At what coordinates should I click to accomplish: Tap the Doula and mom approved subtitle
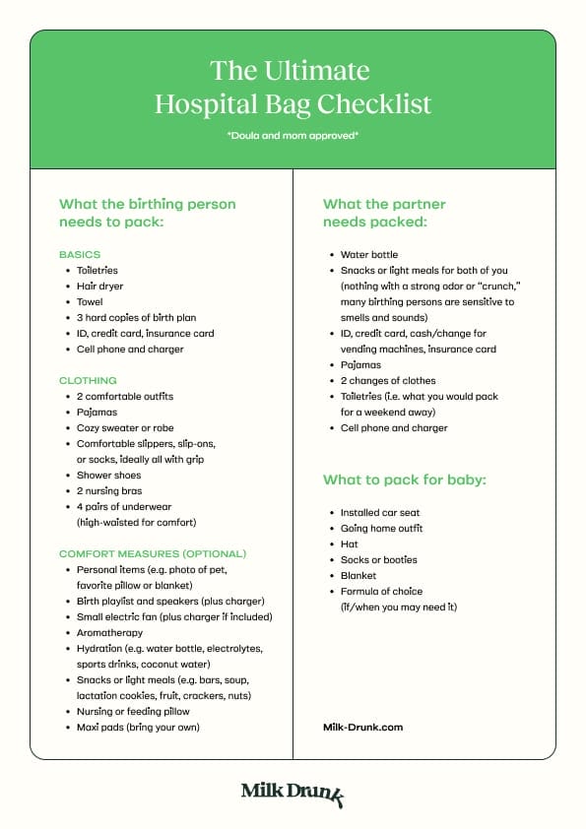pos(293,135)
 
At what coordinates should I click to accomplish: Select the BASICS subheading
pos(80,254)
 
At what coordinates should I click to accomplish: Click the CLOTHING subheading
pos(88,380)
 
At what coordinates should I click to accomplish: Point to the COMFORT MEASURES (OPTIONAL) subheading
pos(153,553)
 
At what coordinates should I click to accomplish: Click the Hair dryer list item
pos(102,286)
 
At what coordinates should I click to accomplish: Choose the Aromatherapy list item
pos(109,632)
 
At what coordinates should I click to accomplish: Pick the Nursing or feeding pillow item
pos(133,711)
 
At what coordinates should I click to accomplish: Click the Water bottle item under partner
pos(369,254)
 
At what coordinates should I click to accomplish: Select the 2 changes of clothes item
pos(388,380)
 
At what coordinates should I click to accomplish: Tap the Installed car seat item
pos(380,512)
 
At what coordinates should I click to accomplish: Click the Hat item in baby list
pos(350,543)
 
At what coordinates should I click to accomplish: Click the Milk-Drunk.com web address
pos(362,727)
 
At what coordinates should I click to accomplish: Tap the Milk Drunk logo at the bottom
pos(293,793)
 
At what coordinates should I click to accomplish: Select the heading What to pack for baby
pos(405,480)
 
